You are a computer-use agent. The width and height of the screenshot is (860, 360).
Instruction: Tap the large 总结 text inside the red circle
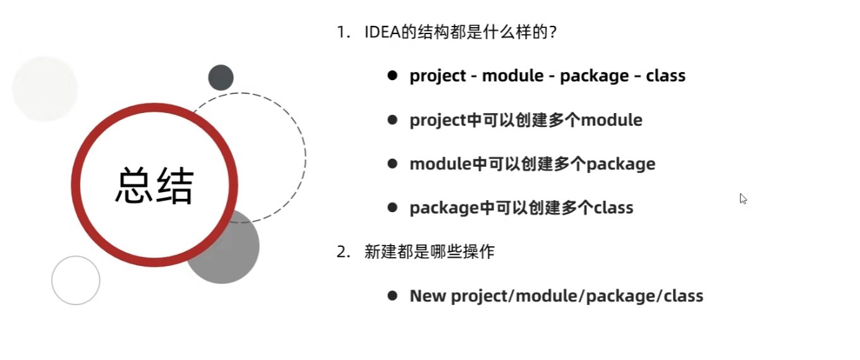154,184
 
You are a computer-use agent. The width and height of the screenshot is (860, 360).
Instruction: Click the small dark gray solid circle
221,78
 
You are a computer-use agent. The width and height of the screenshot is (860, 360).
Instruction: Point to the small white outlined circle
76,280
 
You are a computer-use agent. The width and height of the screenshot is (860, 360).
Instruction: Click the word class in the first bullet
665,76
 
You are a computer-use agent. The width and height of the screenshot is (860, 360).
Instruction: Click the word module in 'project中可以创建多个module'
611,120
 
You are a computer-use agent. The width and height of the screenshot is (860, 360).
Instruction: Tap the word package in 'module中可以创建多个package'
621,164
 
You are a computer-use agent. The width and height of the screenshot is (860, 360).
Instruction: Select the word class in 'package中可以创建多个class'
613,208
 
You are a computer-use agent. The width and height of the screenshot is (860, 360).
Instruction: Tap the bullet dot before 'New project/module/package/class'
392,296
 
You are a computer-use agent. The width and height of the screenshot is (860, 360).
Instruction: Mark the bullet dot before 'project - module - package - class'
392,76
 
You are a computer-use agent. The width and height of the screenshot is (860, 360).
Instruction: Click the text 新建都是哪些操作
430,252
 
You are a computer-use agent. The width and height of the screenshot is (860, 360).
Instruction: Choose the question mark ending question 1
552,32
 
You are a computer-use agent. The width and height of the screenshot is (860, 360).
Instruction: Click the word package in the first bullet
594,76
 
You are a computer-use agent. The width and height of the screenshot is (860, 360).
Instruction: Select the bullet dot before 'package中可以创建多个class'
392,208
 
